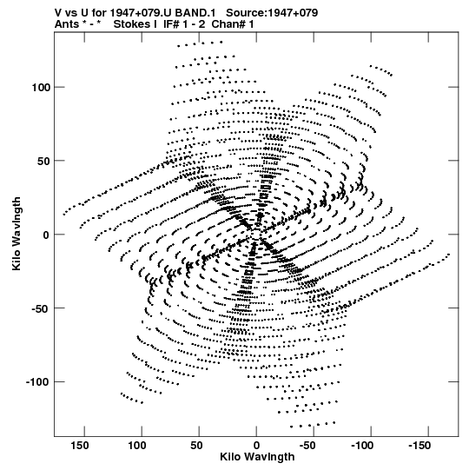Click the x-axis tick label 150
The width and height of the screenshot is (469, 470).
click(x=80, y=446)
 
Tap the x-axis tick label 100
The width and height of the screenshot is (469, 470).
click(x=137, y=446)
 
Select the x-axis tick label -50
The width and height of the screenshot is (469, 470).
click(x=307, y=446)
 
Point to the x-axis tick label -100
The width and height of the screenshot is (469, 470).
click(x=363, y=446)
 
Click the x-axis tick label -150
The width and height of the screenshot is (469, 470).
click(x=419, y=446)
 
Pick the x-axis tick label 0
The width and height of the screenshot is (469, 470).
click(x=256, y=446)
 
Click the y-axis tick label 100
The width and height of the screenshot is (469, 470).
click(x=41, y=88)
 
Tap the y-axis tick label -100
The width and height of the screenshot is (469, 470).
click(x=37, y=382)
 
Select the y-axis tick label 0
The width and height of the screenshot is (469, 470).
click(x=46, y=235)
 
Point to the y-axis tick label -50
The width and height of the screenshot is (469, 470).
click(x=41, y=308)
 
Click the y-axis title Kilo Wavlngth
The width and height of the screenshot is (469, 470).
click(x=17, y=234)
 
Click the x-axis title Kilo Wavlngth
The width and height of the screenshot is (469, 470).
click(x=257, y=457)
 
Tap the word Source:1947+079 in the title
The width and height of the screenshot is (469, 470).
click(x=272, y=12)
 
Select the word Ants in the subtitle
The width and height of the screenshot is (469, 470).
click(x=66, y=24)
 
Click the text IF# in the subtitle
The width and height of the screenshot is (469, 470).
click(x=171, y=24)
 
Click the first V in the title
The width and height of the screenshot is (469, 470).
click(x=58, y=12)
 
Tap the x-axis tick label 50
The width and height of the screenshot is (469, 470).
click(x=196, y=446)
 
